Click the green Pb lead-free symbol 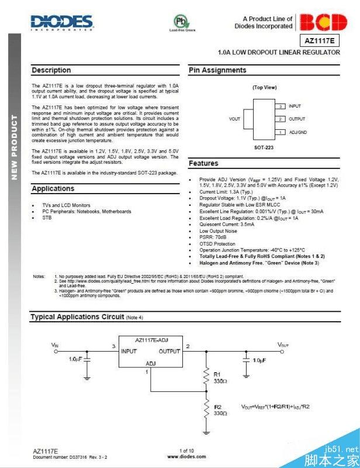(181, 22)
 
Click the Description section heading (51, 70)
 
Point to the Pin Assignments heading (217, 70)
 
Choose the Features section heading (203, 163)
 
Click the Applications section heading (53, 189)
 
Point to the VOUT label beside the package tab (234, 119)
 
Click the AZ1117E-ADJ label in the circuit (151, 339)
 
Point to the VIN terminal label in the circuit (55, 345)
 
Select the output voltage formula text (283, 405)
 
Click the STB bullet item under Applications (47, 218)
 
